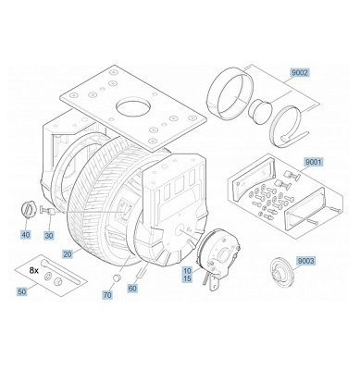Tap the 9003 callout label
(304, 262)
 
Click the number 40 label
(25, 235)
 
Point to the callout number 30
(48, 235)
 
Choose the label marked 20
(67, 253)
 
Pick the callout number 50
(21, 292)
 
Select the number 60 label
(131, 289)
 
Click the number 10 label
(187, 270)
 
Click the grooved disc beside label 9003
(278, 271)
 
